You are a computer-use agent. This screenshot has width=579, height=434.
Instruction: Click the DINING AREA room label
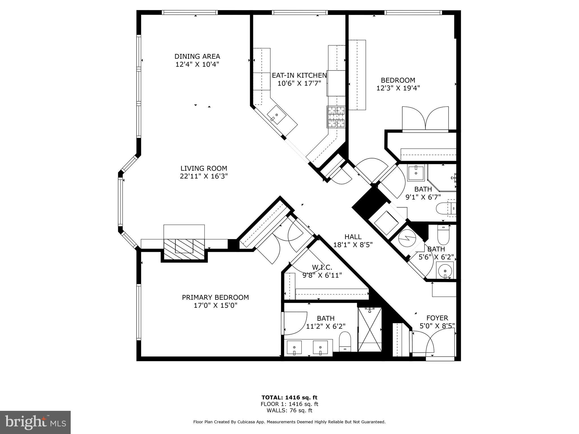[197, 57]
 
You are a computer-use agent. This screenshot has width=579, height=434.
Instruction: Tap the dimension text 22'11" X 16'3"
[204, 176]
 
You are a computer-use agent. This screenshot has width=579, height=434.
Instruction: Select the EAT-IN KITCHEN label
[299, 75]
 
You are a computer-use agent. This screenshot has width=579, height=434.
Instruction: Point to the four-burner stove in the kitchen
[336, 117]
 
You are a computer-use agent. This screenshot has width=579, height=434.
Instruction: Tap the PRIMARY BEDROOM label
[215, 297]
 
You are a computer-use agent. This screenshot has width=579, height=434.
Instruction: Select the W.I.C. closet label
[322, 267]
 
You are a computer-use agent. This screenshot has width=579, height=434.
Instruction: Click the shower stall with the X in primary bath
[370, 329]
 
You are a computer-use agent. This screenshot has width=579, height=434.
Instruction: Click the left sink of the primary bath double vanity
[294, 347]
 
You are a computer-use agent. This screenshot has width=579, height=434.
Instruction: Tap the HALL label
[353, 237]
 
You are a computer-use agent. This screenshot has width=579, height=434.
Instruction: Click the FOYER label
[437, 318]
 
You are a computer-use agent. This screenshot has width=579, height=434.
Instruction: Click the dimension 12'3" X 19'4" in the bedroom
[398, 88]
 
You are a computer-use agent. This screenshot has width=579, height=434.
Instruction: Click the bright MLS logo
[35, 422]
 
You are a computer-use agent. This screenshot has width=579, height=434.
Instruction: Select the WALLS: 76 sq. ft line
[289, 411]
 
